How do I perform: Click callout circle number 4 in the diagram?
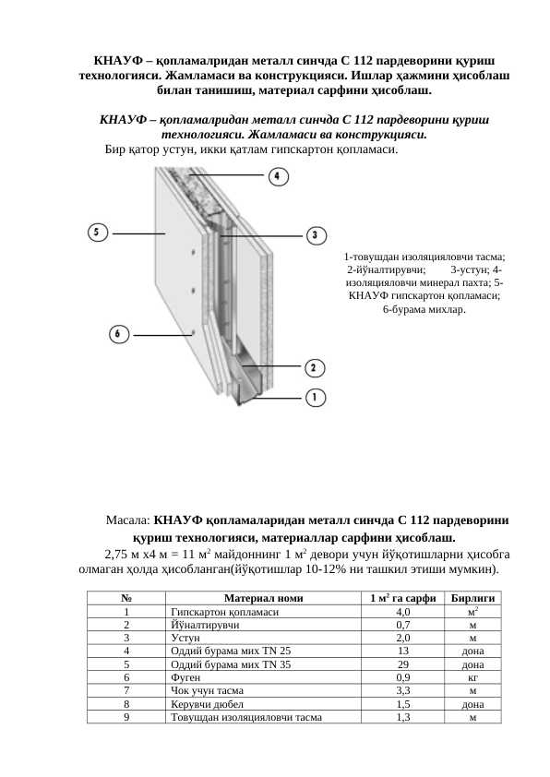coord(278,176)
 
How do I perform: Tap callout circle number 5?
coord(97,232)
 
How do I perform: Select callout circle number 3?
coord(316,235)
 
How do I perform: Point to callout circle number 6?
coord(118,334)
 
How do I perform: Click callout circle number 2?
coord(314,367)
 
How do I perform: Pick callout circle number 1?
coord(315,397)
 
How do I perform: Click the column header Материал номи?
coord(263,598)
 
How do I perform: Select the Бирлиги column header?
coord(472,598)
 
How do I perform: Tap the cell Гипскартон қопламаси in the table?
coord(225,612)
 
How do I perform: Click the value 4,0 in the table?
coord(403,612)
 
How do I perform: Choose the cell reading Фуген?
coord(185,677)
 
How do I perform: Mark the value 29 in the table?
coord(403,664)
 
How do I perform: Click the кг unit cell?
coord(472,677)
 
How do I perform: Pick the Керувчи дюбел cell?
coord(207,704)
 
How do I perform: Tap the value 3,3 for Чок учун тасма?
coord(403,690)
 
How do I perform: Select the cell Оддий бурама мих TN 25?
coord(231,651)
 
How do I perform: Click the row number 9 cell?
coord(126,717)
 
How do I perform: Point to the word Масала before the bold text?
coord(127,520)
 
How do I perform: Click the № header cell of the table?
coord(126,598)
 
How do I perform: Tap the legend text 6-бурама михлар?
coord(424,309)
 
